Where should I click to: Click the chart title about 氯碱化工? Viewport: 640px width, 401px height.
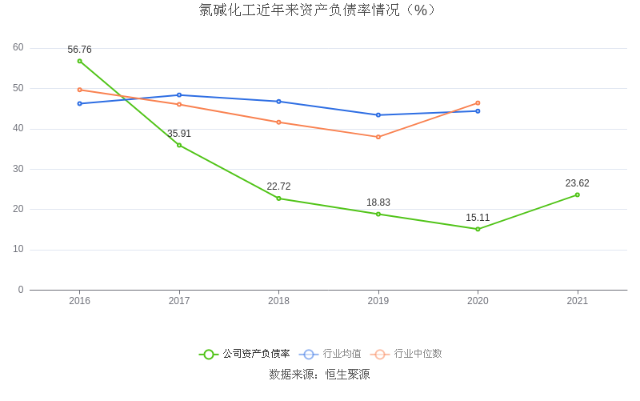coord(319,10)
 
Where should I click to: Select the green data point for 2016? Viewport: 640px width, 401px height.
coord(80,61)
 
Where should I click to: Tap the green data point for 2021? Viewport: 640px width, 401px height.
coord(577,194)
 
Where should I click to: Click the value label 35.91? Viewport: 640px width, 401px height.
coord(179,134)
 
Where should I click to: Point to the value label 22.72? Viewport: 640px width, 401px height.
coord(278,186)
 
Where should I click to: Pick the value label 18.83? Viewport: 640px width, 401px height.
coord(378,203)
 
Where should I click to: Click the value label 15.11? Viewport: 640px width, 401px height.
coord(478,218)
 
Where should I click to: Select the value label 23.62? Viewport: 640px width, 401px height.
coord(577,183)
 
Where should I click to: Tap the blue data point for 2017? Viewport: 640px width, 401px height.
coord(179,95)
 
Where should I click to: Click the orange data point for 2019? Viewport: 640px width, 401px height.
coord(378,137)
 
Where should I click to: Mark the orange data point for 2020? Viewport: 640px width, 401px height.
coord(478,103)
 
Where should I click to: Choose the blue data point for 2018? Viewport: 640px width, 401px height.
coord(278,102)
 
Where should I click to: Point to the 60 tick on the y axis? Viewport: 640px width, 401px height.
coord(18,48)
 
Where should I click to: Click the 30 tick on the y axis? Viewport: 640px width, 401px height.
coord(18,169)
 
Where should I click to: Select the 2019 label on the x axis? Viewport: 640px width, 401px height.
coord(378,301)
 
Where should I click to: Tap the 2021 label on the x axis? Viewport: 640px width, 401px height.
coord(577,301)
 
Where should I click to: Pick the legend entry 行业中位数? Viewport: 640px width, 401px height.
coord(418,354)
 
